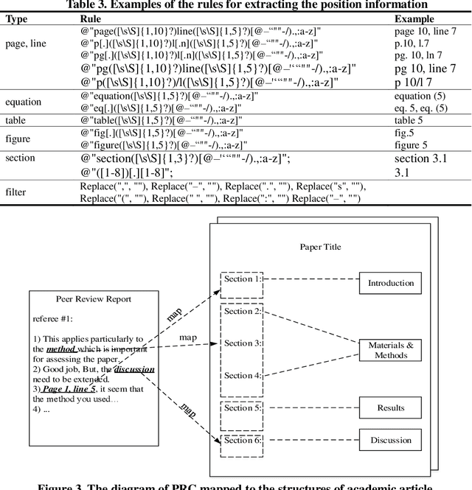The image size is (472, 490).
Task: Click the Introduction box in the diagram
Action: [391, 283]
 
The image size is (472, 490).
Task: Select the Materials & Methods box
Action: [391, 349]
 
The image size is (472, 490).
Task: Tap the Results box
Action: [391, 407]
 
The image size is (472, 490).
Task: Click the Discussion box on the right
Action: [391, 440]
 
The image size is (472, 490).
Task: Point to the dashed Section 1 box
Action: [242, 279]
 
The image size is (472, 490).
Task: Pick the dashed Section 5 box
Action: [242, 408]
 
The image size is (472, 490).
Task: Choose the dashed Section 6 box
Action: [242, 440]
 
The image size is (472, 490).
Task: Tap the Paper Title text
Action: [320, 248]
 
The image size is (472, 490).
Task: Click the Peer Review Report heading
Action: [94, 300]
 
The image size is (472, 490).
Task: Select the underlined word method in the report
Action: [61, 349]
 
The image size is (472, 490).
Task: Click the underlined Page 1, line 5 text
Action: [69, 389]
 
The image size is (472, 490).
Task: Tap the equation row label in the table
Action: [24, 102]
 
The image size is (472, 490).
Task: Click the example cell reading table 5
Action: [411, 120]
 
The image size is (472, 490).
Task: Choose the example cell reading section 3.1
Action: [422, 159]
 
